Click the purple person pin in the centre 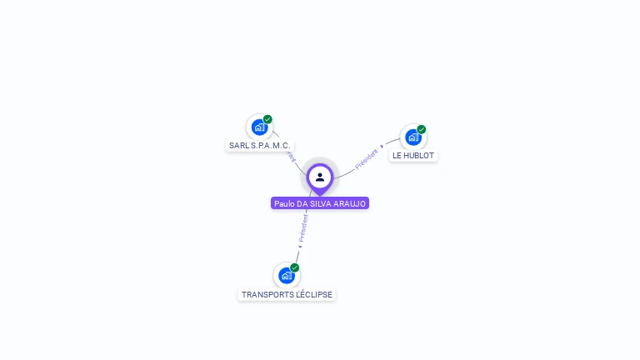point(320,177)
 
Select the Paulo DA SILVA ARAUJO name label point(319,203)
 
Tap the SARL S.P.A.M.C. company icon point(259,127)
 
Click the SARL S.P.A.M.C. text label point(259,145)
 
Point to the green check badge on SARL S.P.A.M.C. point(267,119)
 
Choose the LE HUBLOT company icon point(413,137)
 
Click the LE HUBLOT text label point(413,155)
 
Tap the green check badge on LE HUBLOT point(422,129)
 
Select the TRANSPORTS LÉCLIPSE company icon point(287,276)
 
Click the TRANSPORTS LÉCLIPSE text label point(287,294)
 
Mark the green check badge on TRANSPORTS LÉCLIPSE point(295,267)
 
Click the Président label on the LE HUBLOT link point(367,158)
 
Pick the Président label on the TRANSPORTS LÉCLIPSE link point(303,227)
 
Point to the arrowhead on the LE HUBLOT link point(382,147)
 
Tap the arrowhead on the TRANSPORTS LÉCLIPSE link point(300,246)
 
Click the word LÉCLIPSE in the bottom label point(311,294)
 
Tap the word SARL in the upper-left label point(238,145)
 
